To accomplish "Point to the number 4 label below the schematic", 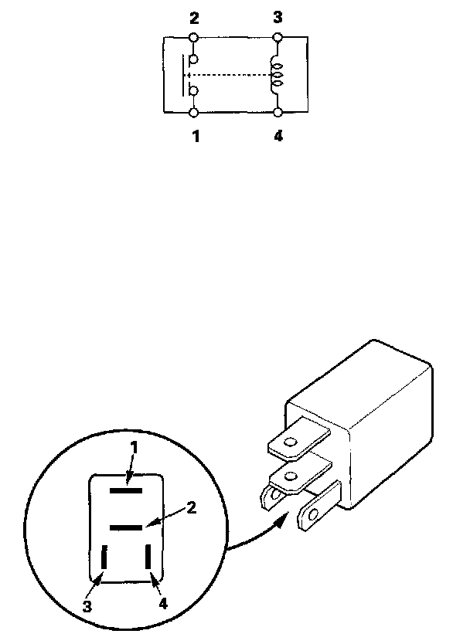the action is coord(278,137).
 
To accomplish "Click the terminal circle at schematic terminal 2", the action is coord(193,36).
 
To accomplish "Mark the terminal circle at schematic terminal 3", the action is coord(278,36).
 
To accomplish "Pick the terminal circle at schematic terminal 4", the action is coord(278,113).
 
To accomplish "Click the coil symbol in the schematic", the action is coord(277,74).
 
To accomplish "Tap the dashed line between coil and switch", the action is coord(232,75).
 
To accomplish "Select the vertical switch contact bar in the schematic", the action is coord(184,75).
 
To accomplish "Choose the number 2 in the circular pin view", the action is coord(192,508).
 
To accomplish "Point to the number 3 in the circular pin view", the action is coord(88,606).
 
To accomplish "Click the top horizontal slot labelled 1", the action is coord(125,489).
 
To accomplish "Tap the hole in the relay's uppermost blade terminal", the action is coord(291,443).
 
